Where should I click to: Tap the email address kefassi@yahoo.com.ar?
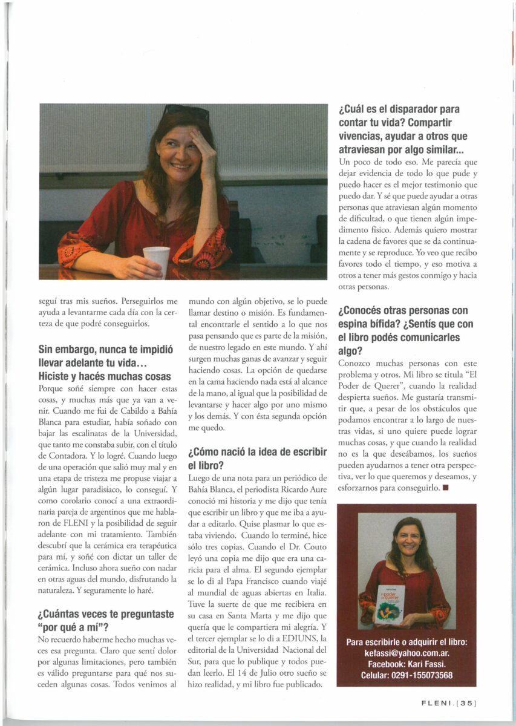(x=406, y=653)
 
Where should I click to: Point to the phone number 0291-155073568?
(x=423, y=675)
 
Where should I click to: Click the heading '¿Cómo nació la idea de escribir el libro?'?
(x=258, y=458)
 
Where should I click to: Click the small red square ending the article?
(x=445, y=488)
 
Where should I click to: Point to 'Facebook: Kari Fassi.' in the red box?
(x=406, y=664)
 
